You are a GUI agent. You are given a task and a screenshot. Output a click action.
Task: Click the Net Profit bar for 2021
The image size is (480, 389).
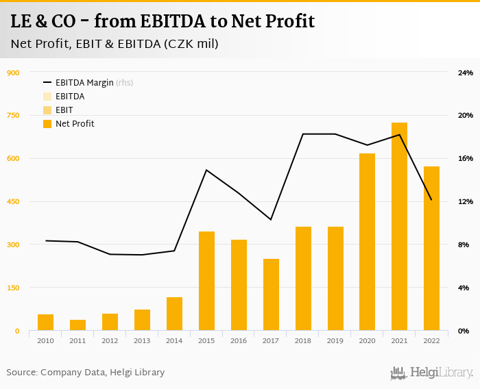399,227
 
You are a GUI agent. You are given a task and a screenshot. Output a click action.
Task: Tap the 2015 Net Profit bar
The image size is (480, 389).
206,281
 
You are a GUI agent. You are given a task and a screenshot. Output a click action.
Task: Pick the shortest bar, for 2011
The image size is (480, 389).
77,325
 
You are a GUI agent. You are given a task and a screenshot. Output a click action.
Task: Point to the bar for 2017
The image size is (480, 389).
271,294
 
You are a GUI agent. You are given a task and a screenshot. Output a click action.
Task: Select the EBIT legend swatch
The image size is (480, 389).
47,110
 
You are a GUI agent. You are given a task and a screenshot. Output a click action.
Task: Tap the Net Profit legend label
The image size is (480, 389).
75,124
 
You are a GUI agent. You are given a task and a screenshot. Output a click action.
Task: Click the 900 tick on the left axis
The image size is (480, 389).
12,73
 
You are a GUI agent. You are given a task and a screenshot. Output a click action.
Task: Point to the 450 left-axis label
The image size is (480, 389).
12,202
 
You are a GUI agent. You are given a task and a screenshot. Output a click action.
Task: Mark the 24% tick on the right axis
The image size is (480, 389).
466,73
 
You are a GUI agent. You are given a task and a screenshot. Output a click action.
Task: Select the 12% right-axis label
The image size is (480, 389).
466,202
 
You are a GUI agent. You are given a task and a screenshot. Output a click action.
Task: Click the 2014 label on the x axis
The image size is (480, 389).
174,341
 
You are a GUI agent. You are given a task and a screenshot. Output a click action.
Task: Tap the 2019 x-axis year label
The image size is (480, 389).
335,341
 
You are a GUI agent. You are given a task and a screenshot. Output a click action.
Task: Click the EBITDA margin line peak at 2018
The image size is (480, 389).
303,134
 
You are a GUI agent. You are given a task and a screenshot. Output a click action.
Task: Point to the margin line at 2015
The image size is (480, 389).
206,170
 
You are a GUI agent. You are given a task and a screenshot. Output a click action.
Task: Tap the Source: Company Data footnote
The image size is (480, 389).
86,373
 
